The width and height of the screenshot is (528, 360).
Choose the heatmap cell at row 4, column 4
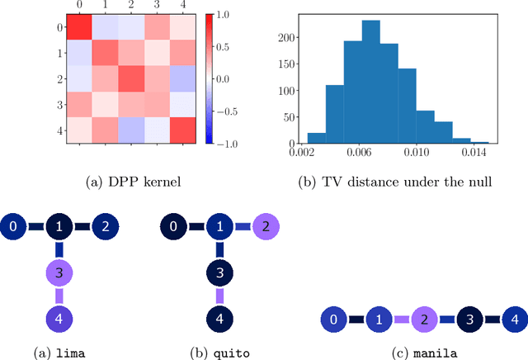coord(184,130)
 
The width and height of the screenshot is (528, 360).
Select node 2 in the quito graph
coord(266,225)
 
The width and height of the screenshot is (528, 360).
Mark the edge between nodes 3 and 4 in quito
coord(220,294)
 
